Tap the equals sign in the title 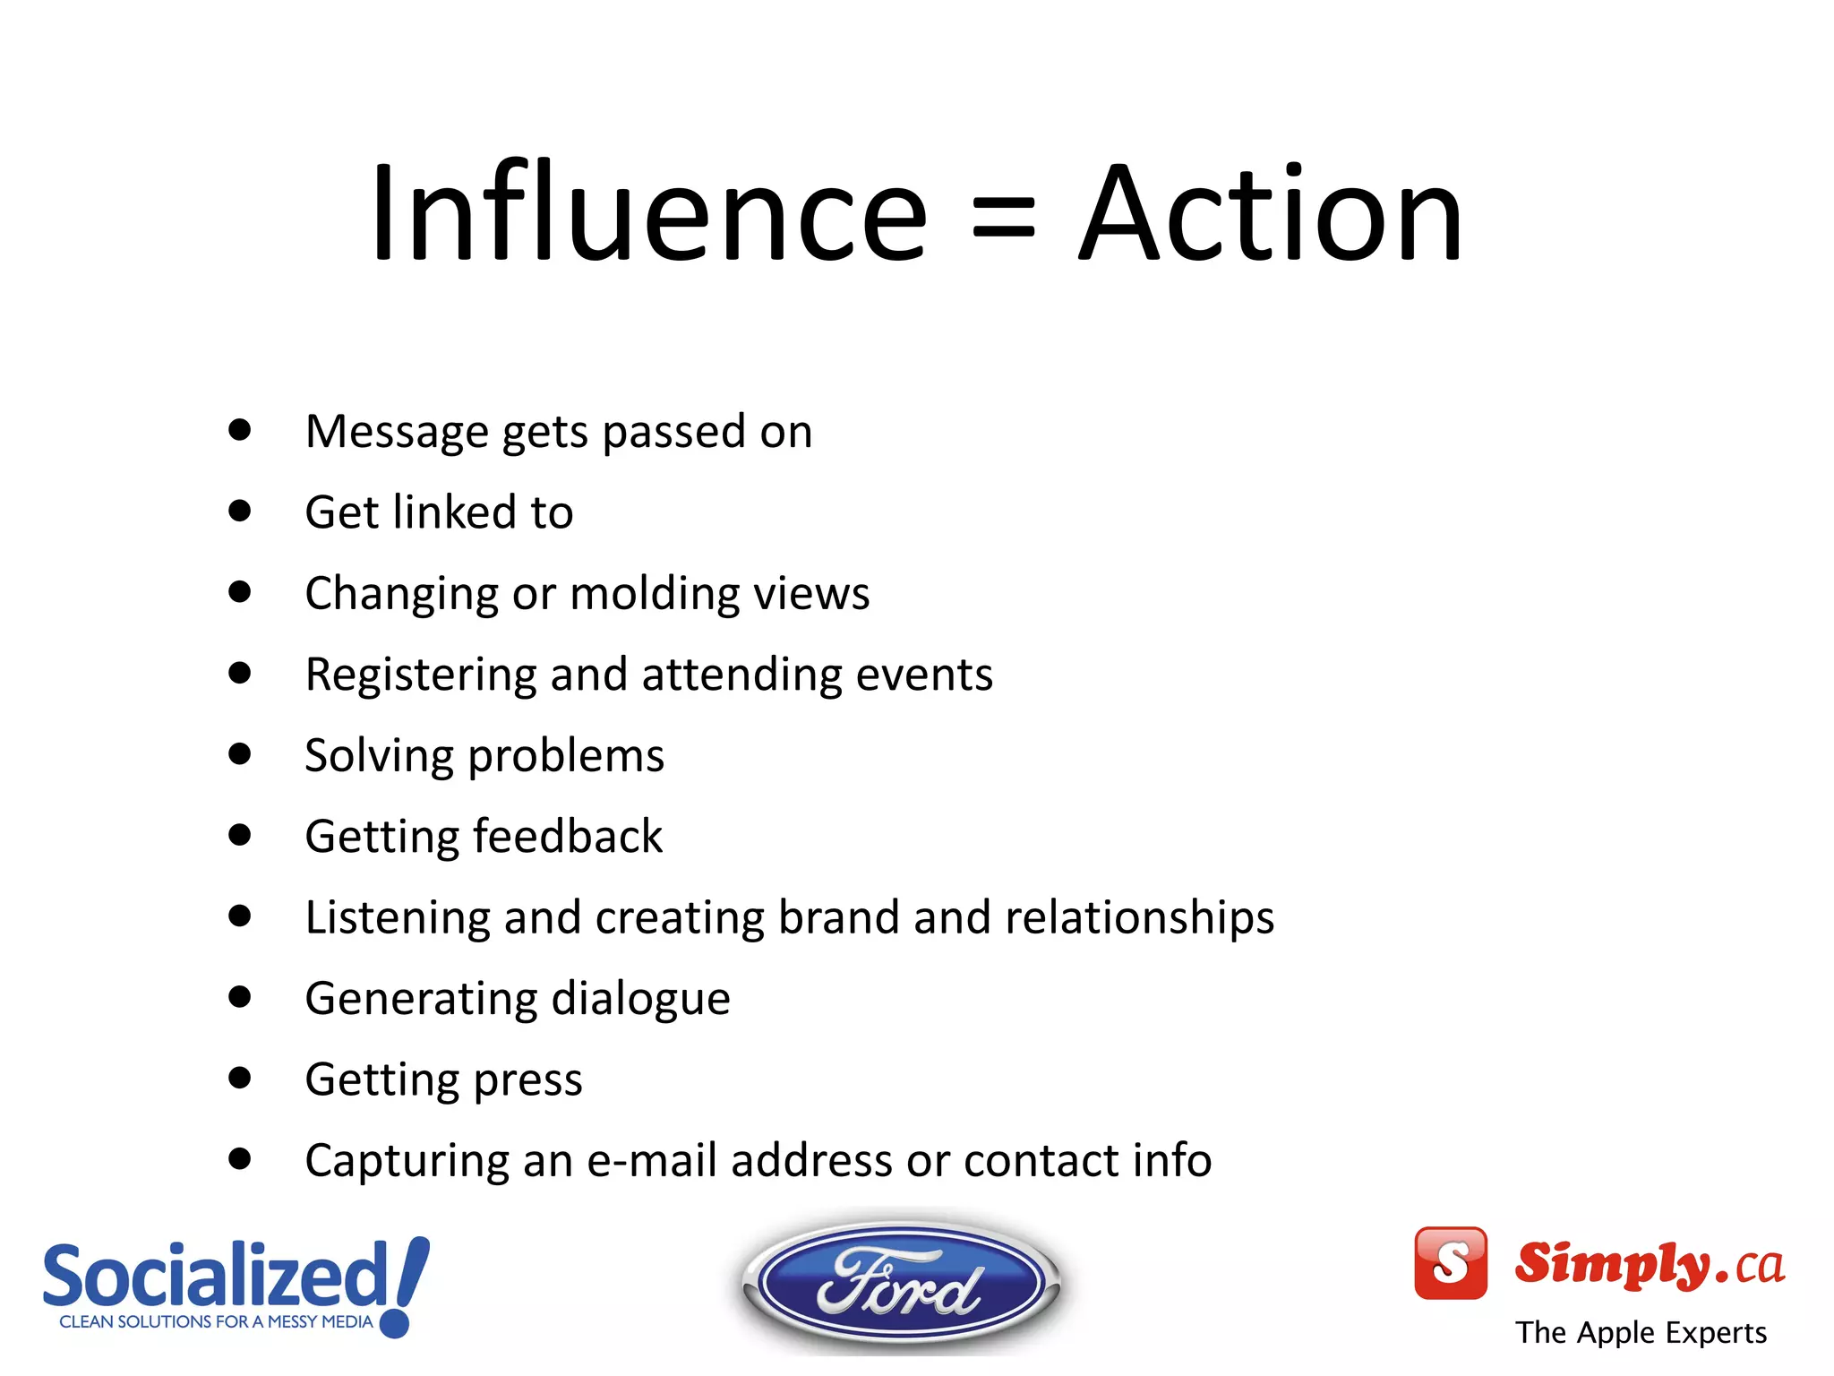1003,219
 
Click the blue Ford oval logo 901,1283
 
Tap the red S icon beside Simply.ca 1450,1262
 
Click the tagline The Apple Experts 1641,1332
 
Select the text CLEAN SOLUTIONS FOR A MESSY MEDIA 216,1321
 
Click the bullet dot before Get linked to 239,511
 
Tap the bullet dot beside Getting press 239,1078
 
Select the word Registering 420,675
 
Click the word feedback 568,836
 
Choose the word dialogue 640,999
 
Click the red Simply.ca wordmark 1648,1263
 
